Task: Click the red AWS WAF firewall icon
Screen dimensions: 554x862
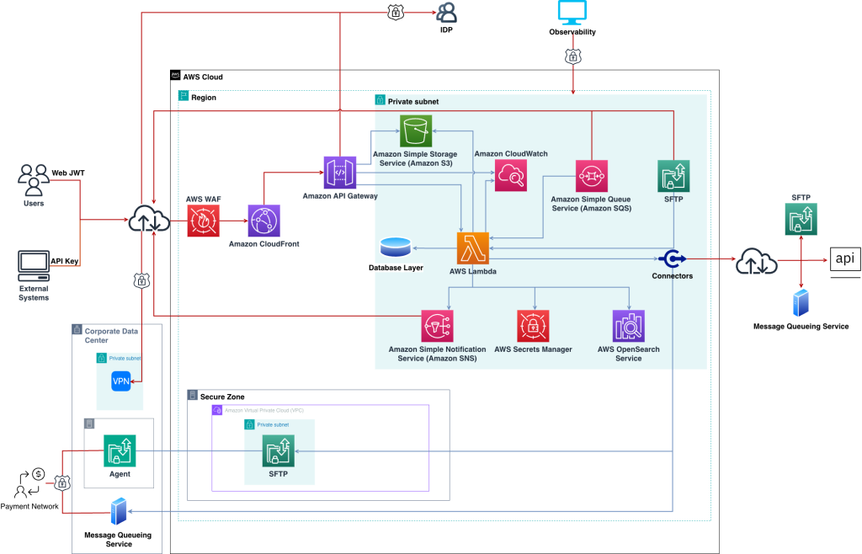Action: [202, 221]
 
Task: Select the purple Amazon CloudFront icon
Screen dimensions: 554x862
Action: [263, 221]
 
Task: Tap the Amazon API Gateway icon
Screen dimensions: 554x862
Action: [340, 173]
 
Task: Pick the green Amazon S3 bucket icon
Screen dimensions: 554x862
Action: [415, 132]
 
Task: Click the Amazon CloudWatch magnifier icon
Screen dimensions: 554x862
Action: [510, 176]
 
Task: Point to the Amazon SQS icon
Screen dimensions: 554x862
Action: [592, 177]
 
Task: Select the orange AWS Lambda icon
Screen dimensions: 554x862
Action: [473, 249]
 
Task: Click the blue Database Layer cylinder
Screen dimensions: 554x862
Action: [395, 247]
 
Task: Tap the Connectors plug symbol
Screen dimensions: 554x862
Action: [672, 258]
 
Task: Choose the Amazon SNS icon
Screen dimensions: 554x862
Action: [438, 326]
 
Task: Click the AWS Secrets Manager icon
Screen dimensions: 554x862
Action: [533, 326]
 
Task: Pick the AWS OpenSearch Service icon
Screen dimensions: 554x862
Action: [628, 326]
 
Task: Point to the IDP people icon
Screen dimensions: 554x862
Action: [446, 13]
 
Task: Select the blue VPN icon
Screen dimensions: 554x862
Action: [121, 381]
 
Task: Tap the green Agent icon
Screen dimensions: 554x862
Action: [120, 451]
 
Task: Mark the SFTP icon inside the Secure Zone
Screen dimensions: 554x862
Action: [278, 452]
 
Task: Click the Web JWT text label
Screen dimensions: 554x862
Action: [68, 173]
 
